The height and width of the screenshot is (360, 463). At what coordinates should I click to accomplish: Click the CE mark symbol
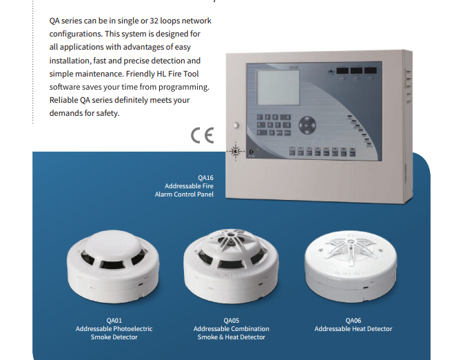pos(203,135)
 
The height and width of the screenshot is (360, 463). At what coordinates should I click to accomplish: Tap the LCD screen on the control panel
pos(278,88)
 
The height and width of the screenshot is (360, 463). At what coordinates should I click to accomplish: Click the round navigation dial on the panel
pos(307,126)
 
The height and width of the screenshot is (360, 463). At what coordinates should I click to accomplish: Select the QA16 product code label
pos(205,178)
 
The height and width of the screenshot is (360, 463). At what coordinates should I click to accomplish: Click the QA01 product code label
pos(114,321)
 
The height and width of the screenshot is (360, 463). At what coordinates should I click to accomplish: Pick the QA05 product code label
pos(231,321)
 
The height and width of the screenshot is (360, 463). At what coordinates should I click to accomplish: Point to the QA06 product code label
pos(353,321)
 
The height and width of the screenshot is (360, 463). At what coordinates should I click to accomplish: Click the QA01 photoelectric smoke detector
pos(113,267)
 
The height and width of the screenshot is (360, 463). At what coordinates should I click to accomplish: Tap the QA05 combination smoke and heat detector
pos(231,266)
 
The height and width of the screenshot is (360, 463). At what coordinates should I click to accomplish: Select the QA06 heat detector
pos(351,267)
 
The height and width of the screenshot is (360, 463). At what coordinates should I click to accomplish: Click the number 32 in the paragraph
pos(154,21)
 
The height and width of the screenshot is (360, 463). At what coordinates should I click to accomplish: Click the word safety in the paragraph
pos(107,113)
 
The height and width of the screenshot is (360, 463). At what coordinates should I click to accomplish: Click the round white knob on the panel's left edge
pos(236,126)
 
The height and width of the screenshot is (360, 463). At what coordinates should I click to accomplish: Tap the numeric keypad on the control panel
pos(274,125)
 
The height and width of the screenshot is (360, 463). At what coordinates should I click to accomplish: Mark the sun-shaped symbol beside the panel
pos(236,151)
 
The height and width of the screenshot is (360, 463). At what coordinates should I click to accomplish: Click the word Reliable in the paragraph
pos(63,100)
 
